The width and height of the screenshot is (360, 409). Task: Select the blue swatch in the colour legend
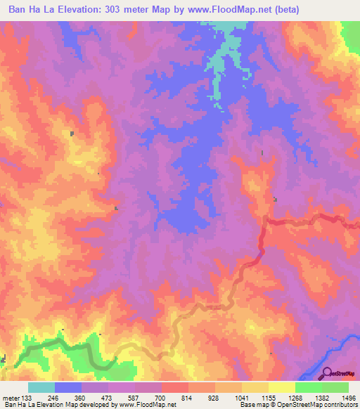pyautogui.click(x=68, y=387)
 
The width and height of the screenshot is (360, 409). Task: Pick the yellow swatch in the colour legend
pyautogui.click(x=281, y=387)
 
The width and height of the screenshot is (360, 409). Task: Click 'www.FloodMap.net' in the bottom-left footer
pyautogui.click(x=148, y=405)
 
